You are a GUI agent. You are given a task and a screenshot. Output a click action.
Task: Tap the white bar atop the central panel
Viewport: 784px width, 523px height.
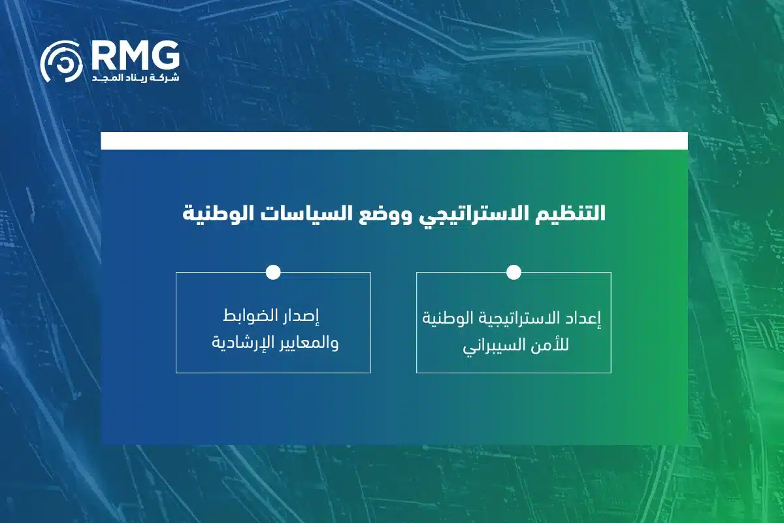tap(394, 141)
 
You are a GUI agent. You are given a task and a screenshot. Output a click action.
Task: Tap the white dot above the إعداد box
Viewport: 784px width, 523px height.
tap(514, 273)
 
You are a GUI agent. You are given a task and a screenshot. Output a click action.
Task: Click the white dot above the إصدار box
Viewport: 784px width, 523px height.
tap(273, 273)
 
